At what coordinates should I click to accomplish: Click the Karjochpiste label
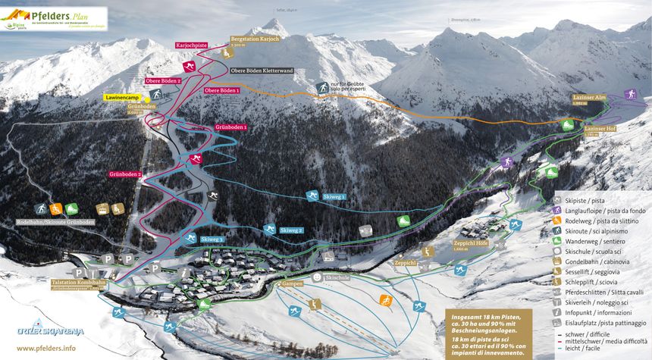pyautogui.click(x=192, y=45)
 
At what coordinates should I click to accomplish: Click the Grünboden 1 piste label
pyautogui.click(x=232, y=126)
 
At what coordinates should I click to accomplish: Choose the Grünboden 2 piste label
pyautogui.click(x=125, y=175)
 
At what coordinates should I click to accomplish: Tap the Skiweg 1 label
pyautogui.click(x=334, y=196)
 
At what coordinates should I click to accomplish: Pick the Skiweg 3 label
pyautogui.click(x=212, y=239)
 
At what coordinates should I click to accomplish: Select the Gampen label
pyautogui.click(x=292, y=284)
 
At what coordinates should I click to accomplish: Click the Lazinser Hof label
pyautogui.click(x=600, y=130)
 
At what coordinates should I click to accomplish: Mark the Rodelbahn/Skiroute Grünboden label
pyautogui.click(x=55, y=223)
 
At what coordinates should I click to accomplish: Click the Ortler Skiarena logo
pyautogui.click(x=51, y=330)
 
